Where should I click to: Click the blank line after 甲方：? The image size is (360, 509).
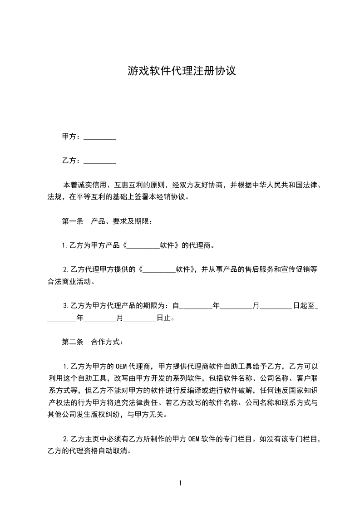[100, 137]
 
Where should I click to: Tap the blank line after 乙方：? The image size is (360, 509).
[100, 161]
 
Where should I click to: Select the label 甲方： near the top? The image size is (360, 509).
[71, 137]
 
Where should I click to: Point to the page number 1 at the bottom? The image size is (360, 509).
[180, 483]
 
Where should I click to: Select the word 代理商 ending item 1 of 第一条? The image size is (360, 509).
[200, 246]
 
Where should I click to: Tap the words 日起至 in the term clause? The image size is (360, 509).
[304, 306]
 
